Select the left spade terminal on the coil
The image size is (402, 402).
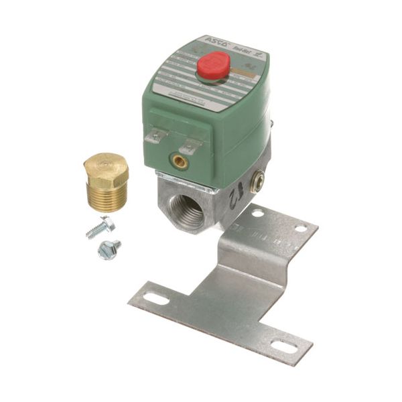(x=154, y=135)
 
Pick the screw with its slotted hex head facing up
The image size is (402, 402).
(x=109, y=250)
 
